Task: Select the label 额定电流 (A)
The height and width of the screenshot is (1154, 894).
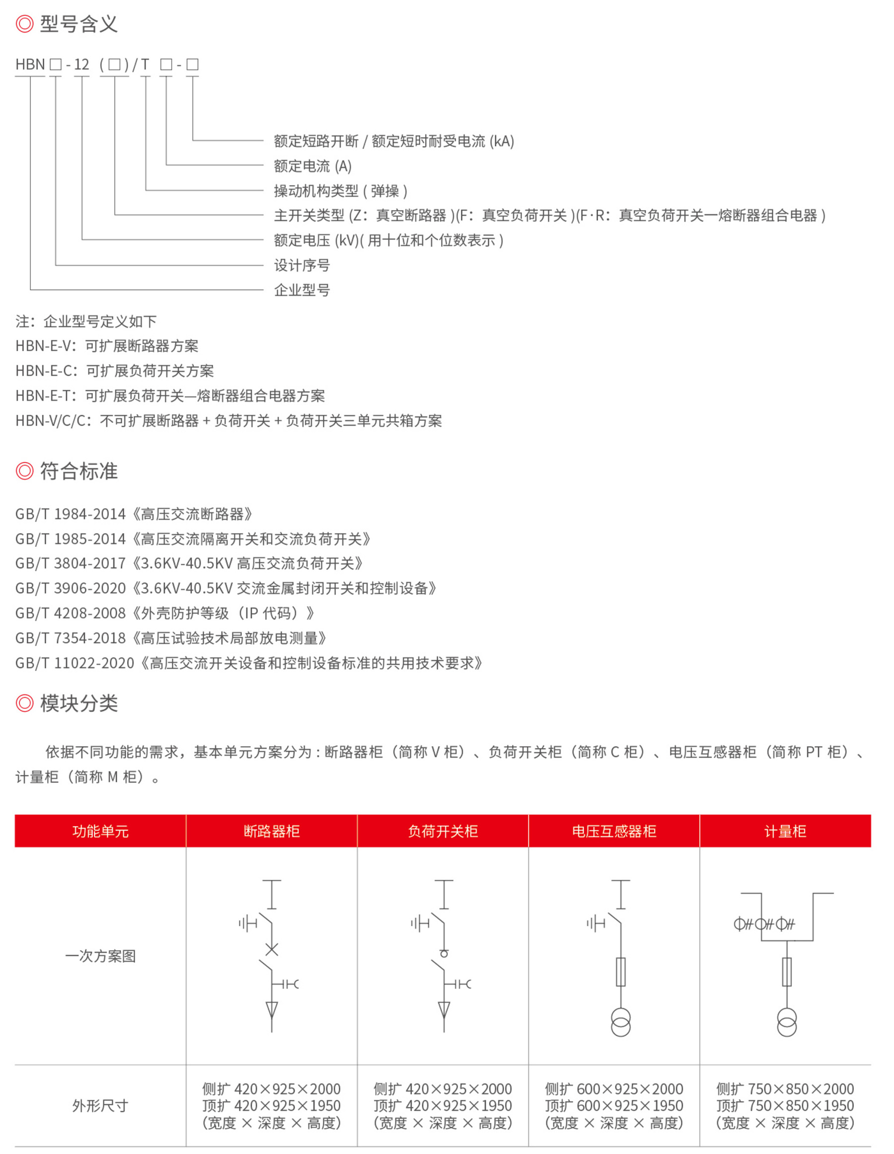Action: click(x=312, y=166)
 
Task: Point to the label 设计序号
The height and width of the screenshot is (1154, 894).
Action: click(x=301, y=265)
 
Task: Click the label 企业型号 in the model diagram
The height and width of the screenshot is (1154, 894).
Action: click(x=301, y=290)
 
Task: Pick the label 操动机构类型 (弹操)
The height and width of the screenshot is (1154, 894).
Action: click(x=340, y=191)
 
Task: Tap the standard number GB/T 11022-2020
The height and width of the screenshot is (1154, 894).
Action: click(x=75, y=663)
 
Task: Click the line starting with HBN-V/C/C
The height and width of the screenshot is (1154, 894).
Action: click(x=228, y=420)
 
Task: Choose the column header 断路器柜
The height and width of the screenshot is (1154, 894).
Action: click(x=272, y=831)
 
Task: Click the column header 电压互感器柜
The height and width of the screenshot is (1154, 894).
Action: click(x=614, y=831)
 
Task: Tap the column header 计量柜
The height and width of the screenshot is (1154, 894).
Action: click(x=785, y=831)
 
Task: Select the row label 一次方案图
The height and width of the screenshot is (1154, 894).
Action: click(x=100, y=956)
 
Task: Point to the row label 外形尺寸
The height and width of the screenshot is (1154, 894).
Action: click(x=100, y=1105)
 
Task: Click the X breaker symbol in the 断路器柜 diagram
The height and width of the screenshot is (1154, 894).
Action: click(x=272, y=949)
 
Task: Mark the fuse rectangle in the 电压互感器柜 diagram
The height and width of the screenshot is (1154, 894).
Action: click(x=621, y=972)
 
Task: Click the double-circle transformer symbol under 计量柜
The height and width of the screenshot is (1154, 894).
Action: click(x=787, y=1022)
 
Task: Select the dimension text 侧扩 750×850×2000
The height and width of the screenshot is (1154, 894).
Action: click(x=785, y=1089)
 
